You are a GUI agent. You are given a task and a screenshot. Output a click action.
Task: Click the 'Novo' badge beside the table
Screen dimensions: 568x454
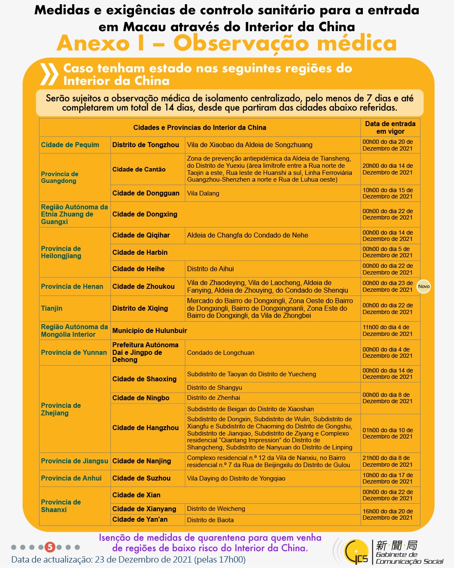[424, 286]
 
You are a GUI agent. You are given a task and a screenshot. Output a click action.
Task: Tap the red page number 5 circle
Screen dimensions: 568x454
[50, 547]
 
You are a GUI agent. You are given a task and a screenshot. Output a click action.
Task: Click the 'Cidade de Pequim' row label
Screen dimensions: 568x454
[70, 145]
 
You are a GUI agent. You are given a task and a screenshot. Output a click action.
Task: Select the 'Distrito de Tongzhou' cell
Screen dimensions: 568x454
[146, 145]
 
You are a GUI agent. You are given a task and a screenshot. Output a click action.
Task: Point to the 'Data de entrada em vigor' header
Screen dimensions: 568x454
[390, 127]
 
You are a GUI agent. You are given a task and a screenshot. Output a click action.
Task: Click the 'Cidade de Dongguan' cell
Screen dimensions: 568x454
[146, 193]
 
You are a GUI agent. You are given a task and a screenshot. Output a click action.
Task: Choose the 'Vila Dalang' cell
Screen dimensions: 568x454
[203, 193]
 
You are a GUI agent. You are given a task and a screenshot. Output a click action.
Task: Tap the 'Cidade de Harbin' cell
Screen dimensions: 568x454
[140, 252]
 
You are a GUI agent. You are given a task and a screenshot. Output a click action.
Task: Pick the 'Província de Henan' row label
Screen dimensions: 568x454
[72, 286]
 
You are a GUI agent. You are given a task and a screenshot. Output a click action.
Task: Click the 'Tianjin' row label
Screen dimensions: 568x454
[52, 308]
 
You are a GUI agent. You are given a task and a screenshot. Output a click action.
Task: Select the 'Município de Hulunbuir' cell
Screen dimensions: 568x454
[150, 330]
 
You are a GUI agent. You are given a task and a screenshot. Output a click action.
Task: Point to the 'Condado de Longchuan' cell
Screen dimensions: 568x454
[220, 353]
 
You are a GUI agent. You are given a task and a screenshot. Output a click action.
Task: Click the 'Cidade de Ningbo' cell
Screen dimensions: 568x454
[141, 398]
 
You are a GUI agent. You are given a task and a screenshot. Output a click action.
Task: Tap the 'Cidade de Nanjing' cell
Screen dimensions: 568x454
[142, 461]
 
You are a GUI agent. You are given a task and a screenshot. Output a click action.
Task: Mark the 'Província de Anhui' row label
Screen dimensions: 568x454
[71, 478]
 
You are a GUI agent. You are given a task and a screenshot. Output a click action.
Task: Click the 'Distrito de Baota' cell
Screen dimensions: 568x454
[210, 520]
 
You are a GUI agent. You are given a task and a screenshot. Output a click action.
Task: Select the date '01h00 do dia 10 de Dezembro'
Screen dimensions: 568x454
[388, 433]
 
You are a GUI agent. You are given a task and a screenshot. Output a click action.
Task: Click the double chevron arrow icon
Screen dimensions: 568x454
[49, 74]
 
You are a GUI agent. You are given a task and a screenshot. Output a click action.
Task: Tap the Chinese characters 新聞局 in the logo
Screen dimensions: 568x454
[396, 545]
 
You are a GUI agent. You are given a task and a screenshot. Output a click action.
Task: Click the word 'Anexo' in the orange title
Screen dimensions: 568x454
[93, 43]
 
